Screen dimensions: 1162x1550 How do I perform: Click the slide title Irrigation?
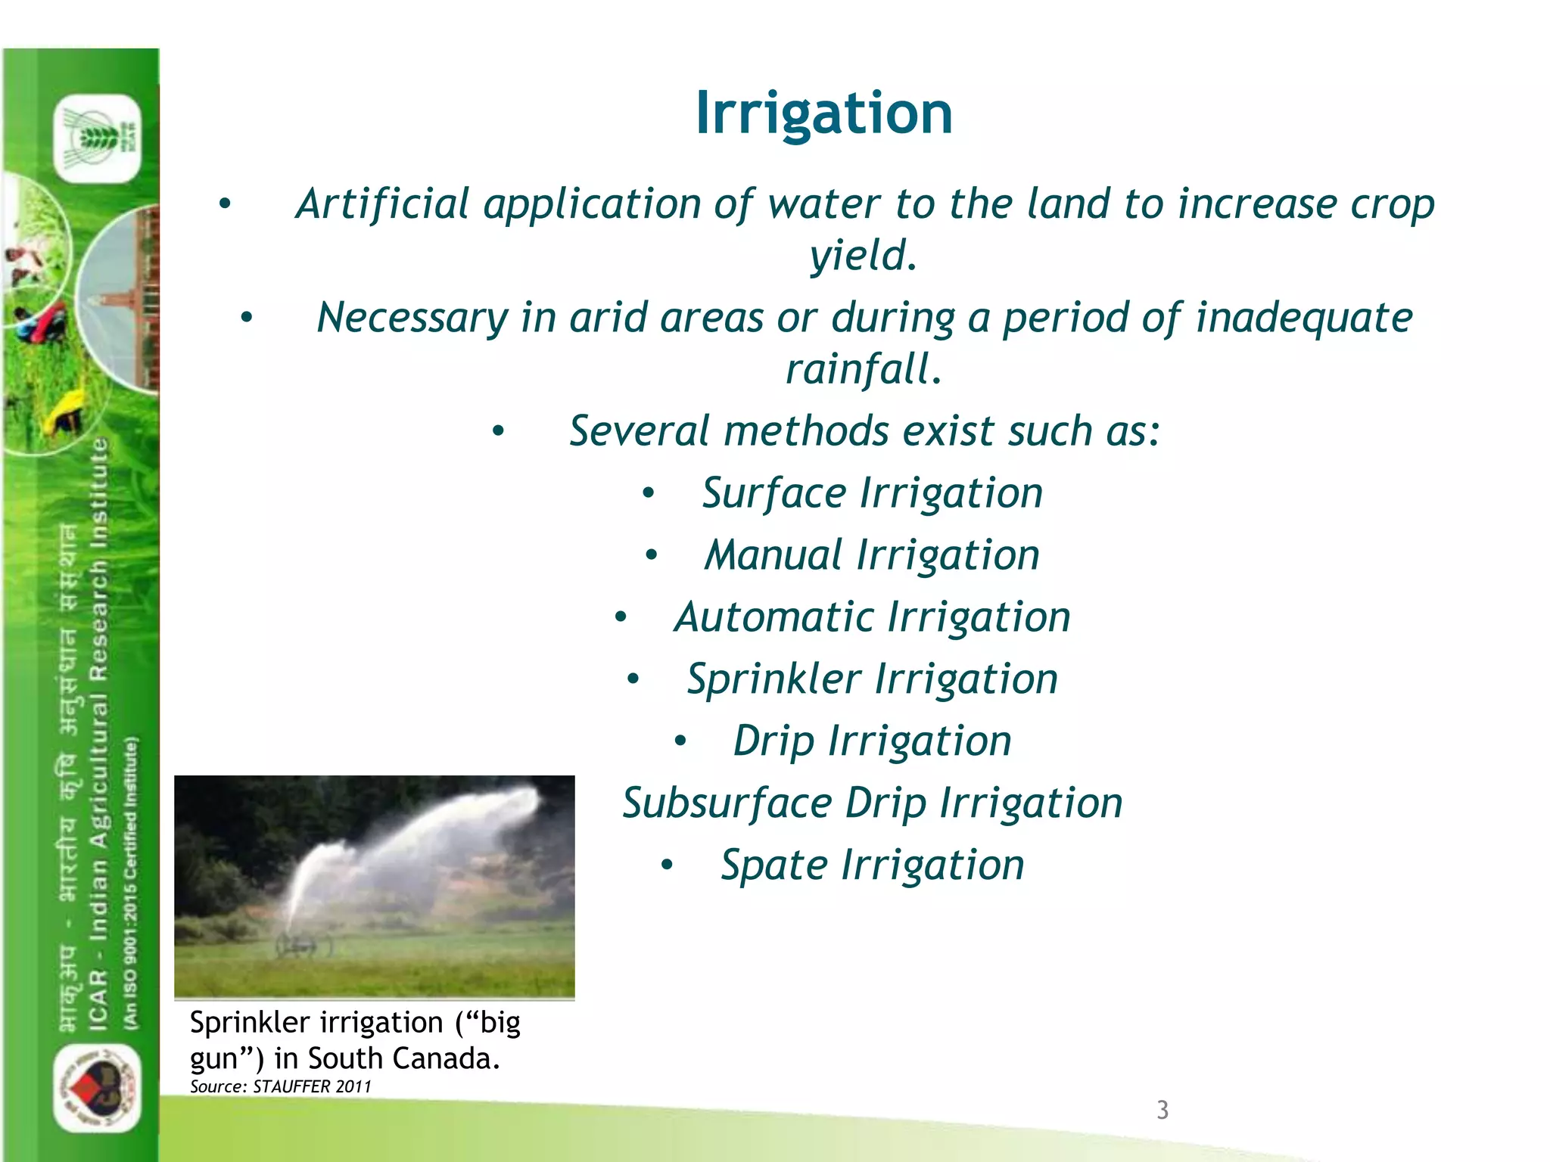coord(823,113)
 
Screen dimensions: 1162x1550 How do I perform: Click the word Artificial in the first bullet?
coord(382,204)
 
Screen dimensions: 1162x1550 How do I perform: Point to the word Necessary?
coord(412,318)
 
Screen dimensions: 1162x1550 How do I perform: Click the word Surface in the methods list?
coord(773,494)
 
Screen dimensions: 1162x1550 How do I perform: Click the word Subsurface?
coord(727,803)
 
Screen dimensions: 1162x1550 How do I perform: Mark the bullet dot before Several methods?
coord(498,432)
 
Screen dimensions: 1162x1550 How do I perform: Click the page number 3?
coord(1162,1110)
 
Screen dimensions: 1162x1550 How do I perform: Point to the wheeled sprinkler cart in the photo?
coord(304,945)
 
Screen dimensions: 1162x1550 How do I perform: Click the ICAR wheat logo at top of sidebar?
coord(98,138)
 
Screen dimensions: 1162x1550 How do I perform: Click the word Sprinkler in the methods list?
coord(773,679)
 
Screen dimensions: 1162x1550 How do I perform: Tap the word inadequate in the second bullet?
coord(1303,318)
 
